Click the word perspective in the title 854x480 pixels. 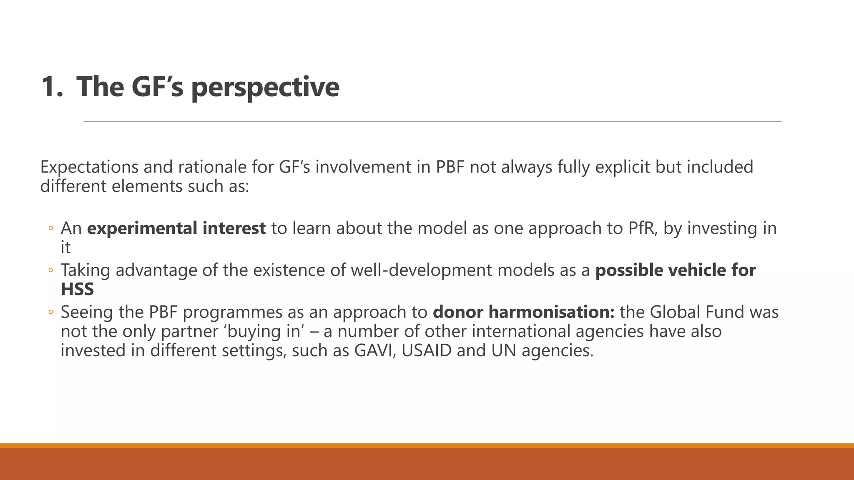[265, 87]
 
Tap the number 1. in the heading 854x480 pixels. [52, 87]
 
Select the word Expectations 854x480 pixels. [89, 167]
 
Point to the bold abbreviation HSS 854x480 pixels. [77, 289]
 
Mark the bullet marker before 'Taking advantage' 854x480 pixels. [51, 270]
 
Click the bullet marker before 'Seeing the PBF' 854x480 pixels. [51, 312]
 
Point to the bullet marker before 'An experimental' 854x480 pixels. [51, 229]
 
